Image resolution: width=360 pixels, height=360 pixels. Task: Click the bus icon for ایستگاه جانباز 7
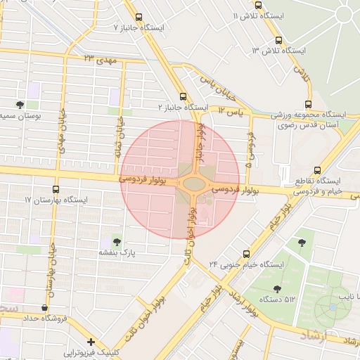[139, 17]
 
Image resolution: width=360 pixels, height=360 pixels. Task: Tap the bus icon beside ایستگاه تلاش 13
[279, 40]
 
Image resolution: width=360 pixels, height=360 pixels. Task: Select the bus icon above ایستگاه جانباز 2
[184, 96]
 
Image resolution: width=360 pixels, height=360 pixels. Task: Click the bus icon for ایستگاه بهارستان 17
[56, 189]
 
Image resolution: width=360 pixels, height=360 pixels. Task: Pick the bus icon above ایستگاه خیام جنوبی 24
[246, 253]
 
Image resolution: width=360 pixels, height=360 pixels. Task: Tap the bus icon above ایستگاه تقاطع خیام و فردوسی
[318, 170]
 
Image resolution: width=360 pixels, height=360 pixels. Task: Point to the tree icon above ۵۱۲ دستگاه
[277, 288]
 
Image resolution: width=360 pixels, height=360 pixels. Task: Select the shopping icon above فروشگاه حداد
[46, 307]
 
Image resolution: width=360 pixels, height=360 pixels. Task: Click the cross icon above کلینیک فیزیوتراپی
[91, 341]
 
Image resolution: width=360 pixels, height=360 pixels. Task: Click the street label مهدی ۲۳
[98, 59]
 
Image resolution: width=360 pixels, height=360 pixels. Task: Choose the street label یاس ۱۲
[230, 110]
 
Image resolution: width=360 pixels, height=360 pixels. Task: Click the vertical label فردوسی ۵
[250, 150]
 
